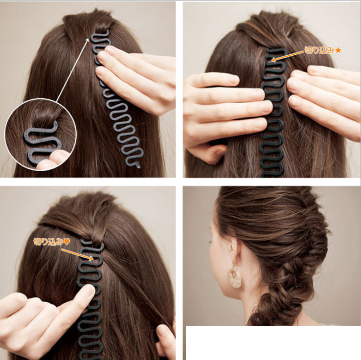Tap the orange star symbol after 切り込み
pos(338,50)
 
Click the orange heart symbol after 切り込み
pos(67,242)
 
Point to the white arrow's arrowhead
pos(88,40)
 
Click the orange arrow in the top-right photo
pos(287,56)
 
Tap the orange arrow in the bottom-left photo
pos(77,254)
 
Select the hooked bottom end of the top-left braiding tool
pos(136,165)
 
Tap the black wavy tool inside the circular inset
pos(42,143)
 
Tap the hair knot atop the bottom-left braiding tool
pos(97,238)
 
